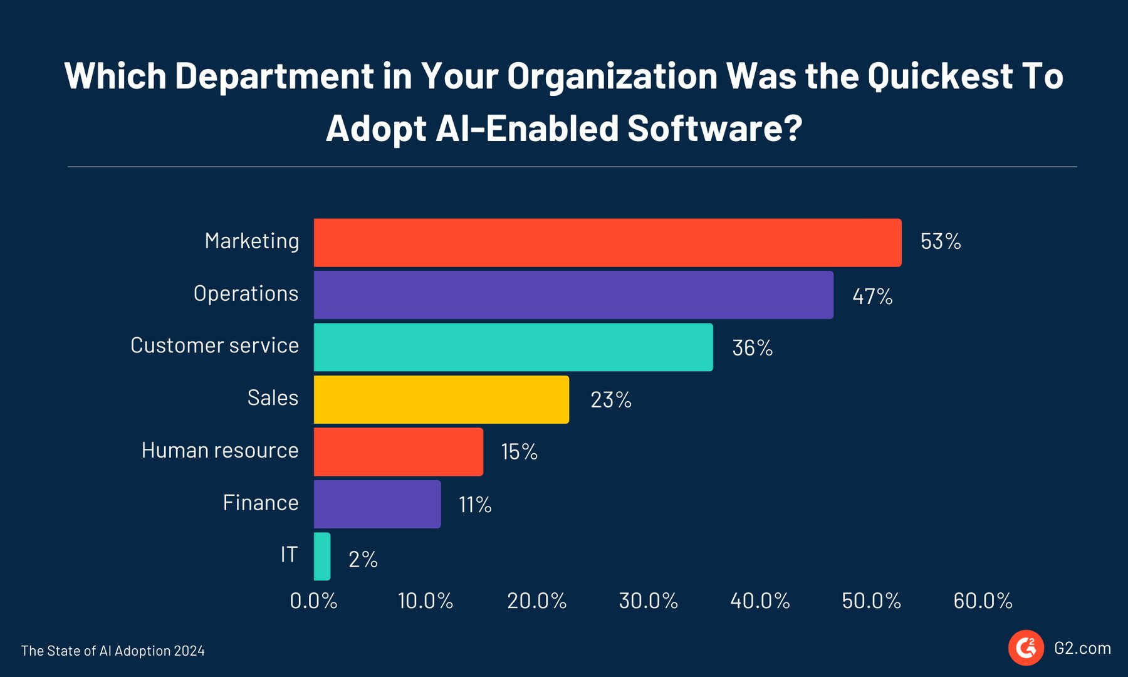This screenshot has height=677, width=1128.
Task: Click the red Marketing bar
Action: tap(607, 243)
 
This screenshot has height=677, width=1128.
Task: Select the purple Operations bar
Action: tap(573, 295)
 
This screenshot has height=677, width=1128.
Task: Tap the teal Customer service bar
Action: tap(513, 347)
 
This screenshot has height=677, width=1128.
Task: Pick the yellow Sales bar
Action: tap(441, 399)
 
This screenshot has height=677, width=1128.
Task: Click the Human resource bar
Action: tap(398, 451)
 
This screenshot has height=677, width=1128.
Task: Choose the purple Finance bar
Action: tap(377, 504)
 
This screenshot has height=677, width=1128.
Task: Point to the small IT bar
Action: tap(322, 556)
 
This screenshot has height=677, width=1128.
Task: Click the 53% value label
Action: tap(940, 242)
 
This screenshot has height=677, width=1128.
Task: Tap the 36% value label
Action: tap(752, 348)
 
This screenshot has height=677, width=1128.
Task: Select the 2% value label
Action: tap(363, 559)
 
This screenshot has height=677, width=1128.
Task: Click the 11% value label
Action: tap(475, 505)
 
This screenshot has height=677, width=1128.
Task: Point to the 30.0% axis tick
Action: tap(648, 601)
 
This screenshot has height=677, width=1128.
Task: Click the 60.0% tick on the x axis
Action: tap(983, 601)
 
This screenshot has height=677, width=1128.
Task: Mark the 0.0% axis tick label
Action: tap(313, 601)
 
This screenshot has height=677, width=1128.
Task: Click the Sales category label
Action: tap(273, 398)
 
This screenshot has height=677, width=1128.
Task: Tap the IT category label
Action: tap(289, 555)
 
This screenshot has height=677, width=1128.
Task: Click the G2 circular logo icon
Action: tap(1026, 648)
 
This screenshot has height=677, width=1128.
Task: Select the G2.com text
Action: tap(1082, 648)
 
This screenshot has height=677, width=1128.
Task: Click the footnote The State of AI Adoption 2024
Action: tap(113, 651)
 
